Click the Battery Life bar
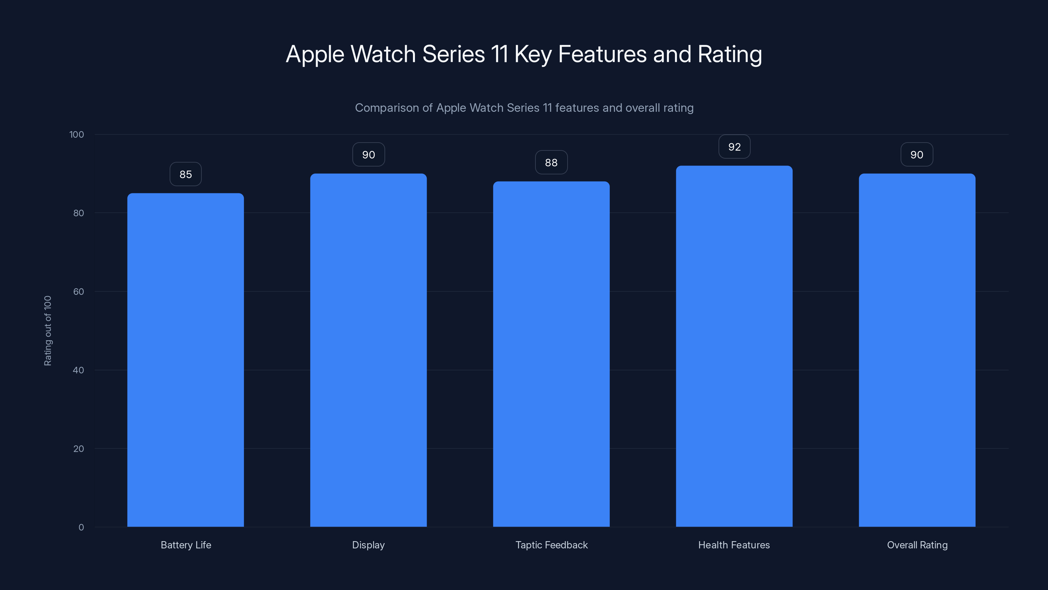click(185, 360)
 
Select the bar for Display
click(368, 350)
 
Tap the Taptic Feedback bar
click(551, 354)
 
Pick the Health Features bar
click(734, 346)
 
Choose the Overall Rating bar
click(917, 350)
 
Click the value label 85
click(185, 174)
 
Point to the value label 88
click(551, 163)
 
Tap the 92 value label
click(734, 147)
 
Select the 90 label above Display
click(368, 155)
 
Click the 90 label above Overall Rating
click(917, 155)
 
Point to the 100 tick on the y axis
click(77, 134)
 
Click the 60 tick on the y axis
click(79, 291)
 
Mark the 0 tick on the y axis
click(81, 527)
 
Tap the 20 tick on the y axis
click(79, 449)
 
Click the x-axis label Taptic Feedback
click(551, 545)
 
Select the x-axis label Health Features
click(734, 545)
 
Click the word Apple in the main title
click(315, 54)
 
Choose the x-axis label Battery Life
click(186, 545)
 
